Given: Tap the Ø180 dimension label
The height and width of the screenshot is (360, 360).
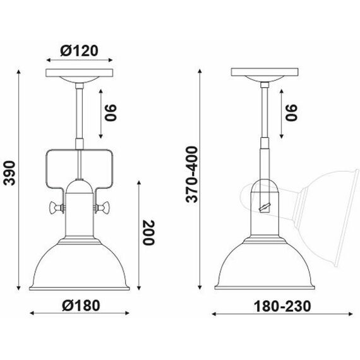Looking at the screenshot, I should point(80,305).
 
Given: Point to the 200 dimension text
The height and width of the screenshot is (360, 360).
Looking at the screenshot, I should point(149,234).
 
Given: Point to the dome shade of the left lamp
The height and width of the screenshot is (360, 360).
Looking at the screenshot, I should point(80,265).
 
